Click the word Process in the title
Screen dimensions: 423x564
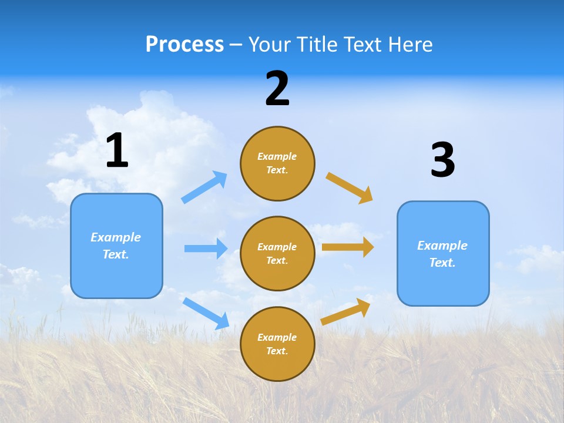[184, 45]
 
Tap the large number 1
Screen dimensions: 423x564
[117, 151]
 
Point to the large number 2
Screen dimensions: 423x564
[277, 89]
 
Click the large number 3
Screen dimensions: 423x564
[442, 160]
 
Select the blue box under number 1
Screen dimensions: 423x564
[116, 246]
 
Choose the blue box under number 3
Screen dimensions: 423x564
[443, 253]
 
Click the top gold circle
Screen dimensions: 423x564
[277, 163]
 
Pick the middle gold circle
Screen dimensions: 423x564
[277, 253]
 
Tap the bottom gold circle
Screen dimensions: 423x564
[277, 344]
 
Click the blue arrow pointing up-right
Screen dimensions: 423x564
[204, 187]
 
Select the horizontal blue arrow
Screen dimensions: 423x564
[206, 249]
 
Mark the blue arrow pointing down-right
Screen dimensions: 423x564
[206, 313]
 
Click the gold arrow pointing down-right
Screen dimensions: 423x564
[350, 188]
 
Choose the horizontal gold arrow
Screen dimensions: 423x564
[348, 247]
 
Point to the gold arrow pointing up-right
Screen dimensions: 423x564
[345, 311]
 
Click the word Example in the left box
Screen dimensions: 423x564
[116, 237]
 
